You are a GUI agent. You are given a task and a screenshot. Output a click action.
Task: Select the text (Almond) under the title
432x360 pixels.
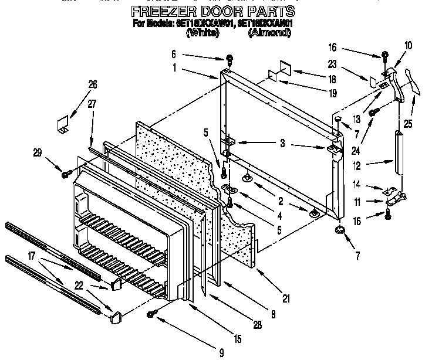pos(269,33)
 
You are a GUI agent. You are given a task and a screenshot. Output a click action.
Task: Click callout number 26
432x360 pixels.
pos(92,84)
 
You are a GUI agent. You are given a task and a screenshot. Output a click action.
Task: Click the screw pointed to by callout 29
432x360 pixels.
pos(66,174)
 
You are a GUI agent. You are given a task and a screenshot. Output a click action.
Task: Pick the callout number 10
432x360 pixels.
pos(409,45)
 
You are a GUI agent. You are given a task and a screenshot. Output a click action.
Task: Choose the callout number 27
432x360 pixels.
pos(92,104)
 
